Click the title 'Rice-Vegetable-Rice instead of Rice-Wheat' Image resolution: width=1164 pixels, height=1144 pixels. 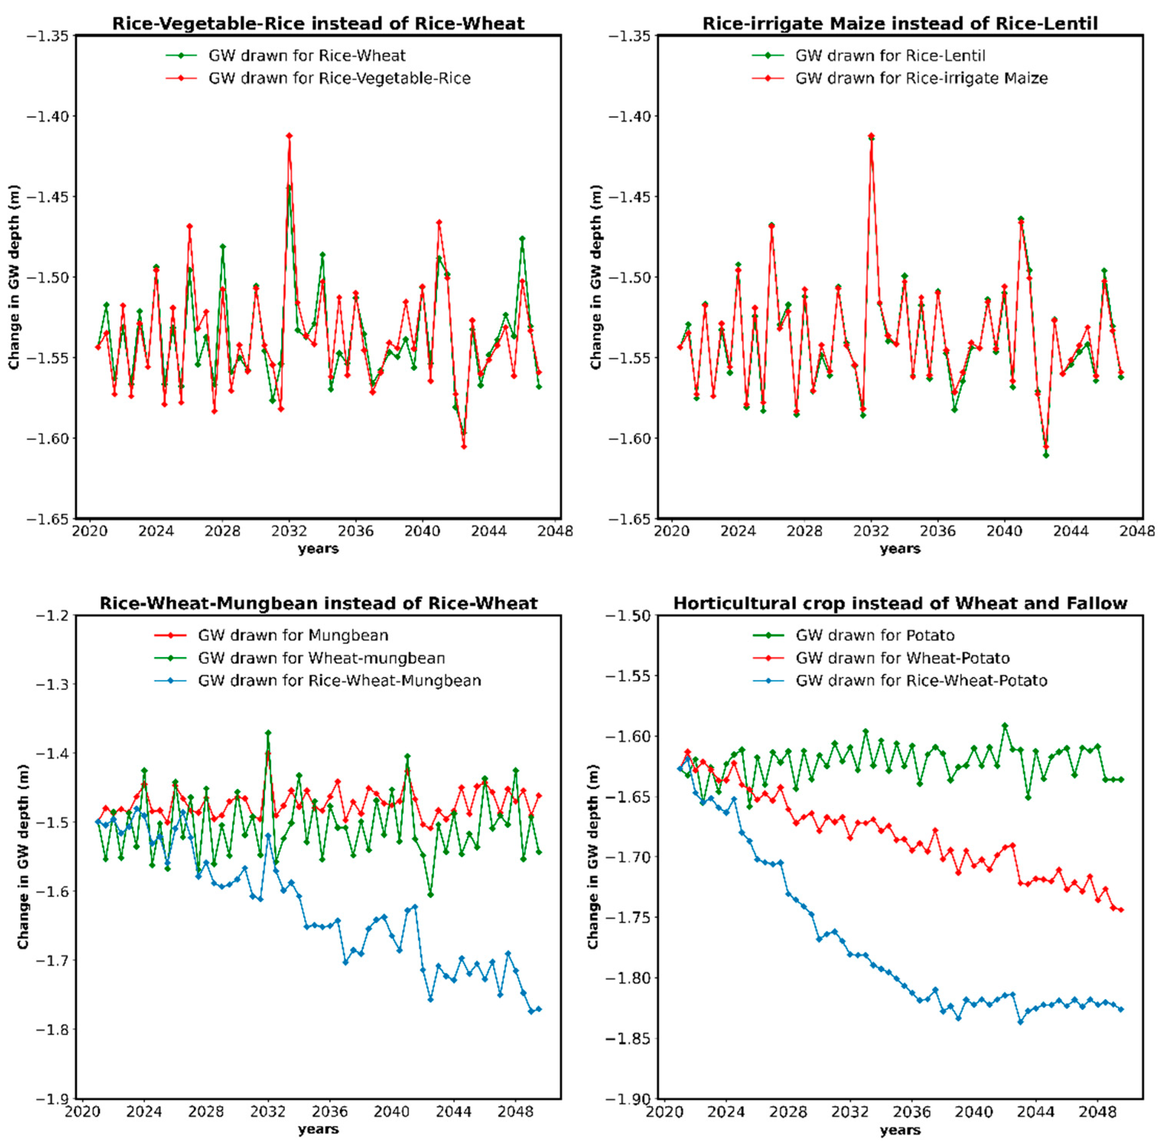pyautogui.click(x=318, y=23)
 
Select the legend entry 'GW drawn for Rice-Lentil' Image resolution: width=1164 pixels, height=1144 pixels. pyautogui.click(x=890, y=56)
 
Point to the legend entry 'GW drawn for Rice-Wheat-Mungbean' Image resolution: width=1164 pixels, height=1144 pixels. pyautogui.click(x=339, y=681)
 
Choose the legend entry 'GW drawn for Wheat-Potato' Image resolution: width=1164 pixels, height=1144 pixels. pyautogui.click(x=902, y=658)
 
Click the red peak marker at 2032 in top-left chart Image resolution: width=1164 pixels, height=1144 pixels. pyautogui.click(x=289, y=136)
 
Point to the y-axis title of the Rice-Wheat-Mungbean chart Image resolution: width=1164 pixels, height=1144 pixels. pyautogui.click(x=23, y=857)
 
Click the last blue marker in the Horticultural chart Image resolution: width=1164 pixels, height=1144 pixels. pyautogui.click(x=1121, y=1009)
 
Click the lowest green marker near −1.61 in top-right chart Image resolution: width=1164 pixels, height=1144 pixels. pyautogui.click(x=1046, y=456)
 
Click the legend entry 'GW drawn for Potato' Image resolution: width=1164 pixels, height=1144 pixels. pyautogui.click(x=875, y=635)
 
